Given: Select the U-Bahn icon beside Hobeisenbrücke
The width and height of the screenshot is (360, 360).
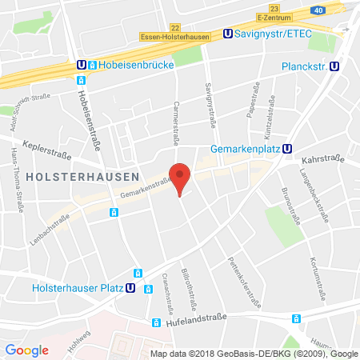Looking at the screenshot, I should (81, 65).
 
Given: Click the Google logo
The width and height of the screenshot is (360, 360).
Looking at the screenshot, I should (26, 349).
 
